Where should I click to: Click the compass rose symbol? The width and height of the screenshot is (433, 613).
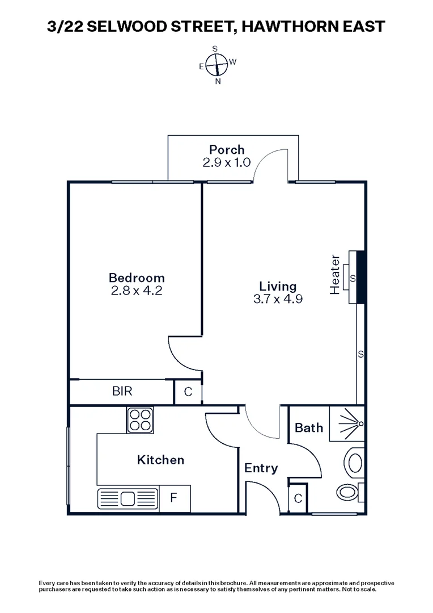pyautogui.click(x=215, y=65)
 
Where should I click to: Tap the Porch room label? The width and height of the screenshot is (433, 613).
pyautogui.click(x=227, y=150)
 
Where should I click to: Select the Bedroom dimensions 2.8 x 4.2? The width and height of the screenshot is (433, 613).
pyautogui.click(x=137, y=291)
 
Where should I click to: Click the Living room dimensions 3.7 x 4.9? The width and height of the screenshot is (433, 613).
pyautogui.click(x=278, y=299)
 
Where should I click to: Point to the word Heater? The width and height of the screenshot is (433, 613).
pyautogui.click(x=335, y=275)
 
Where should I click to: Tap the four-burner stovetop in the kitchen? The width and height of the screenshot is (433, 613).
pyautogui.click(x=140, y=420)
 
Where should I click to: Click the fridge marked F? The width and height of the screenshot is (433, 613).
pyautogui.click(x=175, y=499)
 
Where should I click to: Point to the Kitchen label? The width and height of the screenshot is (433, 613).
pyautogui.click(x=160, y=460)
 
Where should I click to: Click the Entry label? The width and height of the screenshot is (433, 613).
pyautogui.click(x=261, y=468)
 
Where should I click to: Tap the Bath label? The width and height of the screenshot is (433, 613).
pyautogui.click(x=309, y=427)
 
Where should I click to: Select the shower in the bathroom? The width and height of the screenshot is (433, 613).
pyautogui.click(x=346, y=423)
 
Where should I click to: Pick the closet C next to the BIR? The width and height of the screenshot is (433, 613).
pyautogui.click(x=188, y=392)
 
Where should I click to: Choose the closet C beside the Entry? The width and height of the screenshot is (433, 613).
pyautogui.click(x=298, y=499)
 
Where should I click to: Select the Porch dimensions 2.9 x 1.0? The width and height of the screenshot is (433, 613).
pyautogui.click(x=227, y=162)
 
